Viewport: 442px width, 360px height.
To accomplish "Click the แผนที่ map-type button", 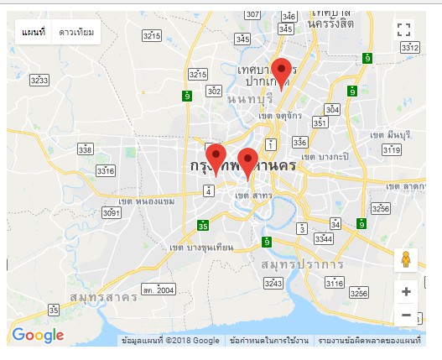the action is tap(34, 32).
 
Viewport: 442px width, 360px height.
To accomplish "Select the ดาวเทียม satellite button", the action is tap(76, 32).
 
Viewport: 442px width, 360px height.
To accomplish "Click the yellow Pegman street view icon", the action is tap(406, 260).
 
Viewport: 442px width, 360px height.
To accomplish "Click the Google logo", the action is tap(39, 336).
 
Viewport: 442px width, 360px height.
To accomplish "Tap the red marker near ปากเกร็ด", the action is tap(283, 73).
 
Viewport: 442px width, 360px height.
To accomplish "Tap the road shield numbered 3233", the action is tap(39, 80).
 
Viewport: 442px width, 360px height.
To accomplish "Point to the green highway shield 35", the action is tap(203, 227).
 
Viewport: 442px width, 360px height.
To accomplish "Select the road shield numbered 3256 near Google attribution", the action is tap(359, 293).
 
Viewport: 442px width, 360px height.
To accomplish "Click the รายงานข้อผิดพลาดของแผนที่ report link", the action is tap(369, 341).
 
